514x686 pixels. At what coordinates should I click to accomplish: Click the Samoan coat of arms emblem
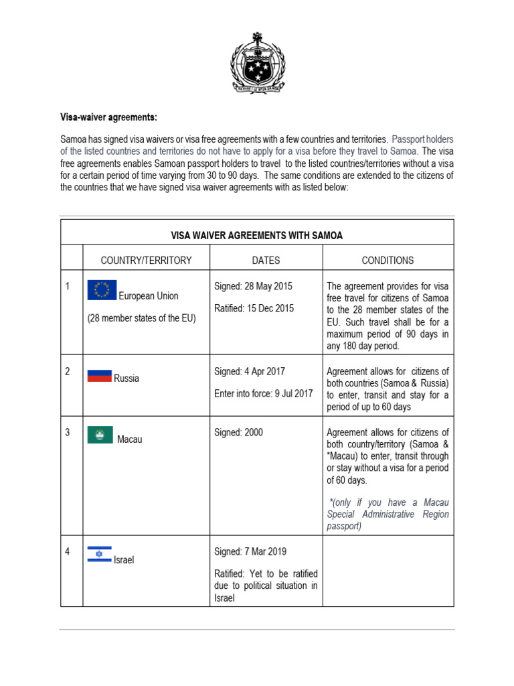coord(257,63)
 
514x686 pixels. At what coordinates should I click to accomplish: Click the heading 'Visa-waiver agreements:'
coord(109,117)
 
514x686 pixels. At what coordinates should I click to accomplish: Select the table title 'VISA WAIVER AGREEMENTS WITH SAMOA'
coord(257,235)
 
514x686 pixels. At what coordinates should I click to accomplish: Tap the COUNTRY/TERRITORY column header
coord(146,261)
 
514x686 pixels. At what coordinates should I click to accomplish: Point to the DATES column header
coord(266,261)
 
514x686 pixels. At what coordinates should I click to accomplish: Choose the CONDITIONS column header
coord(388,261)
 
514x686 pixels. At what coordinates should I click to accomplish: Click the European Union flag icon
coord(102,290)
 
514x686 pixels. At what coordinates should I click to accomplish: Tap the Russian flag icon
coord(99,375)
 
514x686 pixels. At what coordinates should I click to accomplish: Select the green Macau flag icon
coord(100,435)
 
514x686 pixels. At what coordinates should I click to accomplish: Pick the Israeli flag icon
coord(99,553)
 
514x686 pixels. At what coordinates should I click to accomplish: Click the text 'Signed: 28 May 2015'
coord(253,286)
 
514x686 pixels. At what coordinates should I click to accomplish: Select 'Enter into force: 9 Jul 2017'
coord(263,394)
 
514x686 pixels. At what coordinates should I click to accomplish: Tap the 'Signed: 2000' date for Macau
coord(238,433)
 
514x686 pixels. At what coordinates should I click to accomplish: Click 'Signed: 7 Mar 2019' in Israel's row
coord(250,551)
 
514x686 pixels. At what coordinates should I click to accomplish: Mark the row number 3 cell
coord(68,433)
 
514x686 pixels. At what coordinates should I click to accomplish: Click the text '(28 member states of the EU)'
coord(141,318)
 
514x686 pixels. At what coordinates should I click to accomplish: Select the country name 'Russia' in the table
coord(126,379)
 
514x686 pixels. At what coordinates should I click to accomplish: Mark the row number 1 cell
coord(68,287)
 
